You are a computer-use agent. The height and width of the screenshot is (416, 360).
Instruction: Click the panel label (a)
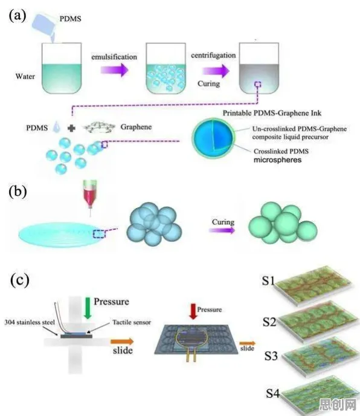tap(18, 15)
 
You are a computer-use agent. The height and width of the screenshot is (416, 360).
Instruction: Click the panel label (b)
tap(18, 191)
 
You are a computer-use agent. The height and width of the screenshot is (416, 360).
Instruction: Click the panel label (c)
tap(19, 280)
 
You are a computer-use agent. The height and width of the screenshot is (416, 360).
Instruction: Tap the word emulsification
tap(114, 57)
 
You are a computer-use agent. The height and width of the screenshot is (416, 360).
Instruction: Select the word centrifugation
tap(213, 55)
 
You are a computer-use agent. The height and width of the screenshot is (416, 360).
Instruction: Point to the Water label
tap(25, 76)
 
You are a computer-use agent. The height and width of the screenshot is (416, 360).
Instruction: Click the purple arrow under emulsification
tap(115, 70)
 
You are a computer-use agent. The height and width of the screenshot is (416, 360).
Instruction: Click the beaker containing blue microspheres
tap(166, 68)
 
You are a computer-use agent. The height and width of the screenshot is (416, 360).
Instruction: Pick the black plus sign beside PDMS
tap(71, 128)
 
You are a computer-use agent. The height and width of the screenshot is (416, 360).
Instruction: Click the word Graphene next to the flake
tap(136, 127)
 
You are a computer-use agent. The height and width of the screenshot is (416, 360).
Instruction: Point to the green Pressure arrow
tap(88, 308)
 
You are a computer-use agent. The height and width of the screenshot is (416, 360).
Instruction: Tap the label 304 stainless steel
tap(30, 322)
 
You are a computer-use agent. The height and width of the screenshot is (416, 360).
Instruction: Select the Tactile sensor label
tap(132, 322)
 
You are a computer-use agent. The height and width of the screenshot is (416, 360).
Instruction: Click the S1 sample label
tap(268, 281)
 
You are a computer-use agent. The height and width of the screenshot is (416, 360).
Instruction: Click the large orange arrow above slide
tap(122, 342)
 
